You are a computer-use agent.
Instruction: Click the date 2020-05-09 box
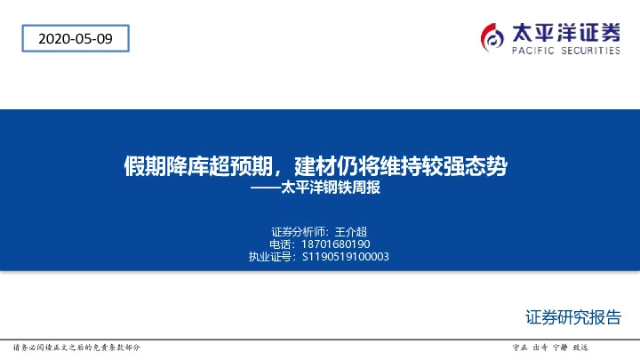(x=74, y=38)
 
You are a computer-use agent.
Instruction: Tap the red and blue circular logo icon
(x=492, y=38)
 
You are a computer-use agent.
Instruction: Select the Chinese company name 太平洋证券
(x=566, y=33)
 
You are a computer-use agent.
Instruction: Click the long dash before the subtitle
(x=264, y=188)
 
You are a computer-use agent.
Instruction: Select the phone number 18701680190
(x=337, y=243)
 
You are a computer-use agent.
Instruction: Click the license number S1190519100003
(x=346, y=256)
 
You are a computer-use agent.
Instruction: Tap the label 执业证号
(x=269, y=256)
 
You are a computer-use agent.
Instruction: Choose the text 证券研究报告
(x=572, y=316)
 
